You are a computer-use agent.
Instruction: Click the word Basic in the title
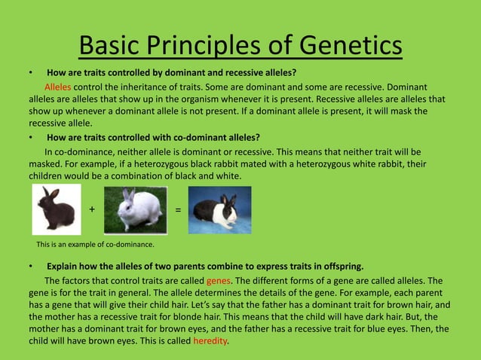(x=112, y=46)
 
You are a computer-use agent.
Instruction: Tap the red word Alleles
(x=57, y=87)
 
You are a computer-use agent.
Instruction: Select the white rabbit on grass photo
(x=134, y=209)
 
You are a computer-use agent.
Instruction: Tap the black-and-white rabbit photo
(x=219, y=209)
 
